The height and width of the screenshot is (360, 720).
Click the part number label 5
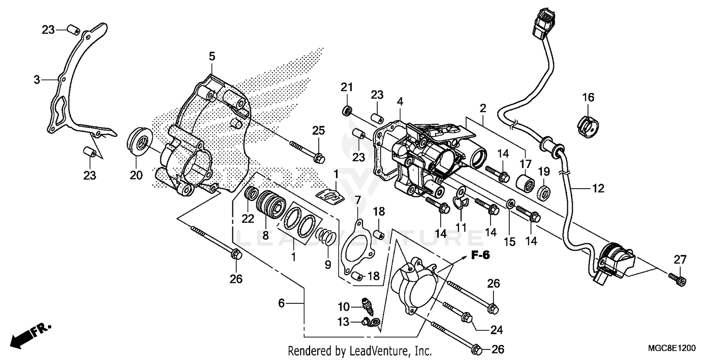coord(212,57)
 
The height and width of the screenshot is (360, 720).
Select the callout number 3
coord(37,80)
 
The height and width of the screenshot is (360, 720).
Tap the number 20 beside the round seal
coord(136,176)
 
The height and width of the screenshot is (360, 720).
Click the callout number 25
coord(319,130)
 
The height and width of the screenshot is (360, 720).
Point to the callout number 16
coord(588,97)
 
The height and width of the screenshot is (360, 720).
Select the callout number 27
coord(679,260)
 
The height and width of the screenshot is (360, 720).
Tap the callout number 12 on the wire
coord(598,189)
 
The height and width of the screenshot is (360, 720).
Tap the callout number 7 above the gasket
coord(358,200)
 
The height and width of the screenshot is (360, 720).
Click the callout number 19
coord(543,171)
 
